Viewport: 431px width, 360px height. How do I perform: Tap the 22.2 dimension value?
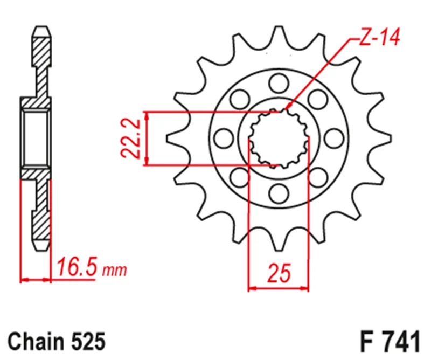pos(131,139)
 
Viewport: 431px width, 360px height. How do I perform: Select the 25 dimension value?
pos(279,273)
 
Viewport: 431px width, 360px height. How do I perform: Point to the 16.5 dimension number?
pos(77,266)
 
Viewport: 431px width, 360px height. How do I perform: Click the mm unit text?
pos(114,271)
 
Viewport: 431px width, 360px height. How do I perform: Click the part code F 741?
pos(390,341)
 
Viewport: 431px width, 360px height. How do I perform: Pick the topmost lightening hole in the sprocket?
pos(279,84)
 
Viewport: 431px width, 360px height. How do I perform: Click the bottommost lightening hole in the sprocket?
pos(279,193)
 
